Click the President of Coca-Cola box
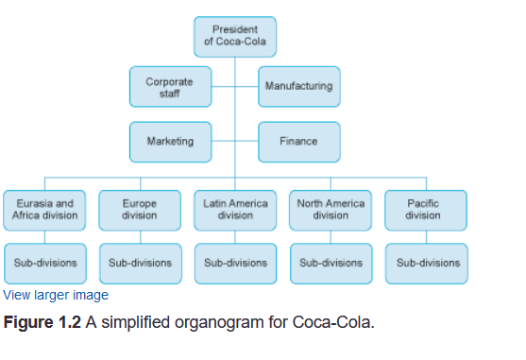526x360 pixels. [x=235, y=36]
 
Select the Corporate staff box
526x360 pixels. [x=170, y=87]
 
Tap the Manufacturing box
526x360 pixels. [x=298, y=87]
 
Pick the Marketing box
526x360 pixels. [x=170, y=142]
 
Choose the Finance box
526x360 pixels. [x=298, y=142]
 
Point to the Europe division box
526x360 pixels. [x=140, y=209]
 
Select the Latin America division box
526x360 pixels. [x=235, y=209]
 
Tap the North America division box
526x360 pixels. [x=331, y=209]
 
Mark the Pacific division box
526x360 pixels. [x=425, y=209]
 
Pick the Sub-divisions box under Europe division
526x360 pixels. [x=140, y=262]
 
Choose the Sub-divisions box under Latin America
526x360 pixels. [x=235, y=262]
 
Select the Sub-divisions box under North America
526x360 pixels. [x=331, y=262]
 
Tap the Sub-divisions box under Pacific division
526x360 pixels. [x=425, y=262]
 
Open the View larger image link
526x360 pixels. [x=56, y=296]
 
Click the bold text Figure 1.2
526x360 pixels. [x=42, y=323]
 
